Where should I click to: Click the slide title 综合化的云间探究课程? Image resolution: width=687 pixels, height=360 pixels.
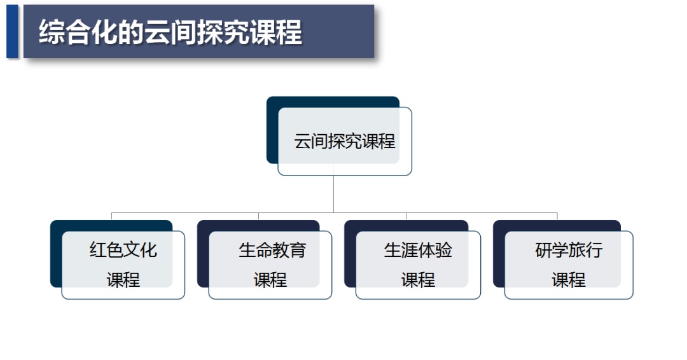(x=170, y=32)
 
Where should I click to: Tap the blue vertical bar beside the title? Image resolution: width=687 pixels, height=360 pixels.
(x=12, y=31)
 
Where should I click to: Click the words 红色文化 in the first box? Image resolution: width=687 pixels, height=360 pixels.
(x=123, y=250)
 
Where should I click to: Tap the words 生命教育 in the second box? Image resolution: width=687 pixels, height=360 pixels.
(x=272, y=250)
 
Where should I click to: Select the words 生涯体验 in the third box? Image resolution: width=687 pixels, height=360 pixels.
(x=418, y=250)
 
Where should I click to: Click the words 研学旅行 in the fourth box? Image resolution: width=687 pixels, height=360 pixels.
(x=569, y=250)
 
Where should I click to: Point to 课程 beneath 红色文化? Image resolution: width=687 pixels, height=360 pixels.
(x=123, y=280)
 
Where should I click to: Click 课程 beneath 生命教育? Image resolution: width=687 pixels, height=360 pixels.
(x=270, y=280)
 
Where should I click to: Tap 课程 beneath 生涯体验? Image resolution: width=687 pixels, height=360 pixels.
(x=418, y=280)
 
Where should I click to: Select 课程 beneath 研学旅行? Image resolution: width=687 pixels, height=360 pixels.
(x=569, y=280)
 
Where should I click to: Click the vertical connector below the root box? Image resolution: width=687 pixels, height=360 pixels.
(x=333, y=194)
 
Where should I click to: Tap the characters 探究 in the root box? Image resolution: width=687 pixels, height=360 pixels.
(x=345, y=141)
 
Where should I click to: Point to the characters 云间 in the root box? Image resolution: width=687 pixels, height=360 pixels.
(x=311, y=141)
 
